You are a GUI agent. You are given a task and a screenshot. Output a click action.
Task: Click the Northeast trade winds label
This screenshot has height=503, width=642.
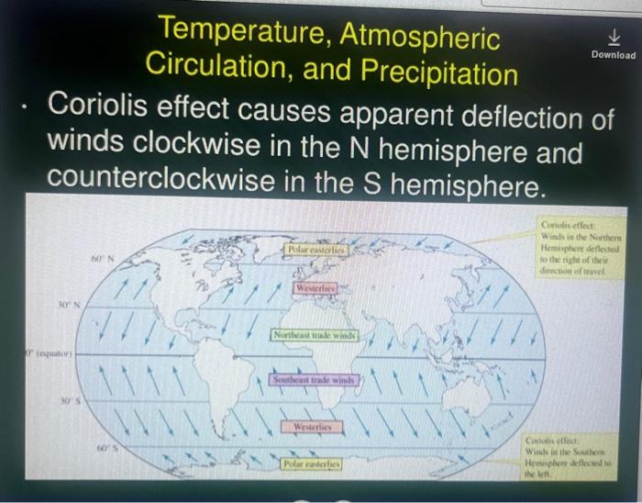tap(314, 336)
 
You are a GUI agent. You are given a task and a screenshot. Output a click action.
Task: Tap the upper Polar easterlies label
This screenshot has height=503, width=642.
tap(315, 249)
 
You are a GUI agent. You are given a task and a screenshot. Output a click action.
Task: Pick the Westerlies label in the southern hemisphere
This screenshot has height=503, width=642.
tap(313, 428)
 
